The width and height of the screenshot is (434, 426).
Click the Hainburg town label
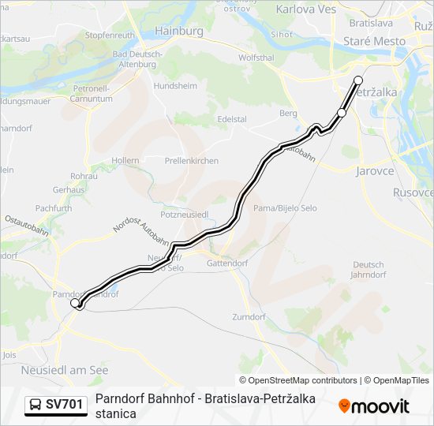click(x=180, y=31)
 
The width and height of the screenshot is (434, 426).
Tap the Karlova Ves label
click(x=306, y=9)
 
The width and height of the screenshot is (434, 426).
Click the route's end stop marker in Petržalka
click(x=358, y=80)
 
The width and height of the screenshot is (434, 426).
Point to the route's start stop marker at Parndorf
click(x=76, y=303)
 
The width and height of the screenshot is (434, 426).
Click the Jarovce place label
click(x=375, y=170)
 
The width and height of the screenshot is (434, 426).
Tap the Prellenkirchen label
click(x=192, y=161)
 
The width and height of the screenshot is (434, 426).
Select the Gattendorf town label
click(x=228, y=263)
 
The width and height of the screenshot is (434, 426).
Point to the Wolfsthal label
click(x=256, y=58)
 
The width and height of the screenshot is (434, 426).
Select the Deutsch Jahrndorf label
click(x=369, y=270)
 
